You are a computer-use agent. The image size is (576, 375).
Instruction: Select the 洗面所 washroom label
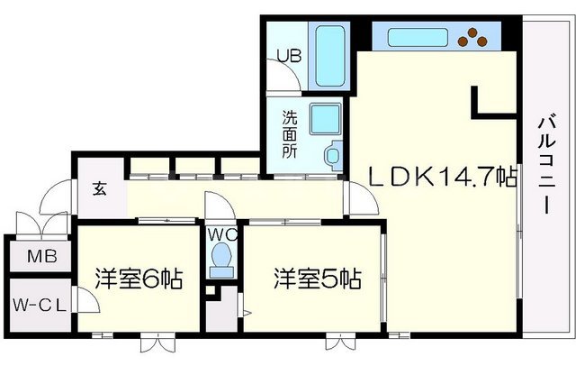click(x=290, y=133)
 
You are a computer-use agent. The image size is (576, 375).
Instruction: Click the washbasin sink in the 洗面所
click(x=331, y=155)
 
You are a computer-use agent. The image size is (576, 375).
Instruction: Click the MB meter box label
click(x=41, y=257)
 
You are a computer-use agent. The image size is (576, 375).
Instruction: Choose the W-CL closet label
click(x=38, y=305)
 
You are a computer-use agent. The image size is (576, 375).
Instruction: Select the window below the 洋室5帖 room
click(x=339, y=343)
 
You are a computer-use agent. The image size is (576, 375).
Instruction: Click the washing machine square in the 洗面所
click(x=323, y=119)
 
